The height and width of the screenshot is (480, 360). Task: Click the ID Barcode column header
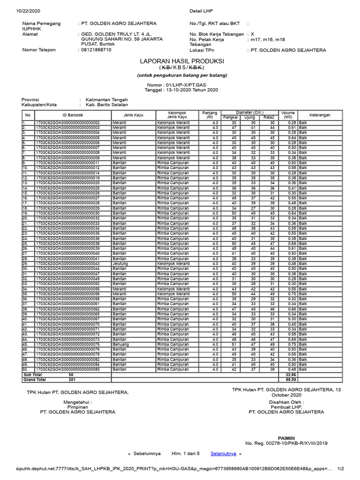(x=72, y=115)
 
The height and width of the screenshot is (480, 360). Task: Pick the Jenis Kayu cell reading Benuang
(x=120, y=344)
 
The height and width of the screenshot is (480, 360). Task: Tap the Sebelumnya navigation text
(x=147, y=454)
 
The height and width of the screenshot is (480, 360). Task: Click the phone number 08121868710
(x=96, y=50)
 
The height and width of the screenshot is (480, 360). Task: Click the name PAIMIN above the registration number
(x=286, y=437)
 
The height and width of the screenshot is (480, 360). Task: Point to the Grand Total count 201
(x=71, y=379)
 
